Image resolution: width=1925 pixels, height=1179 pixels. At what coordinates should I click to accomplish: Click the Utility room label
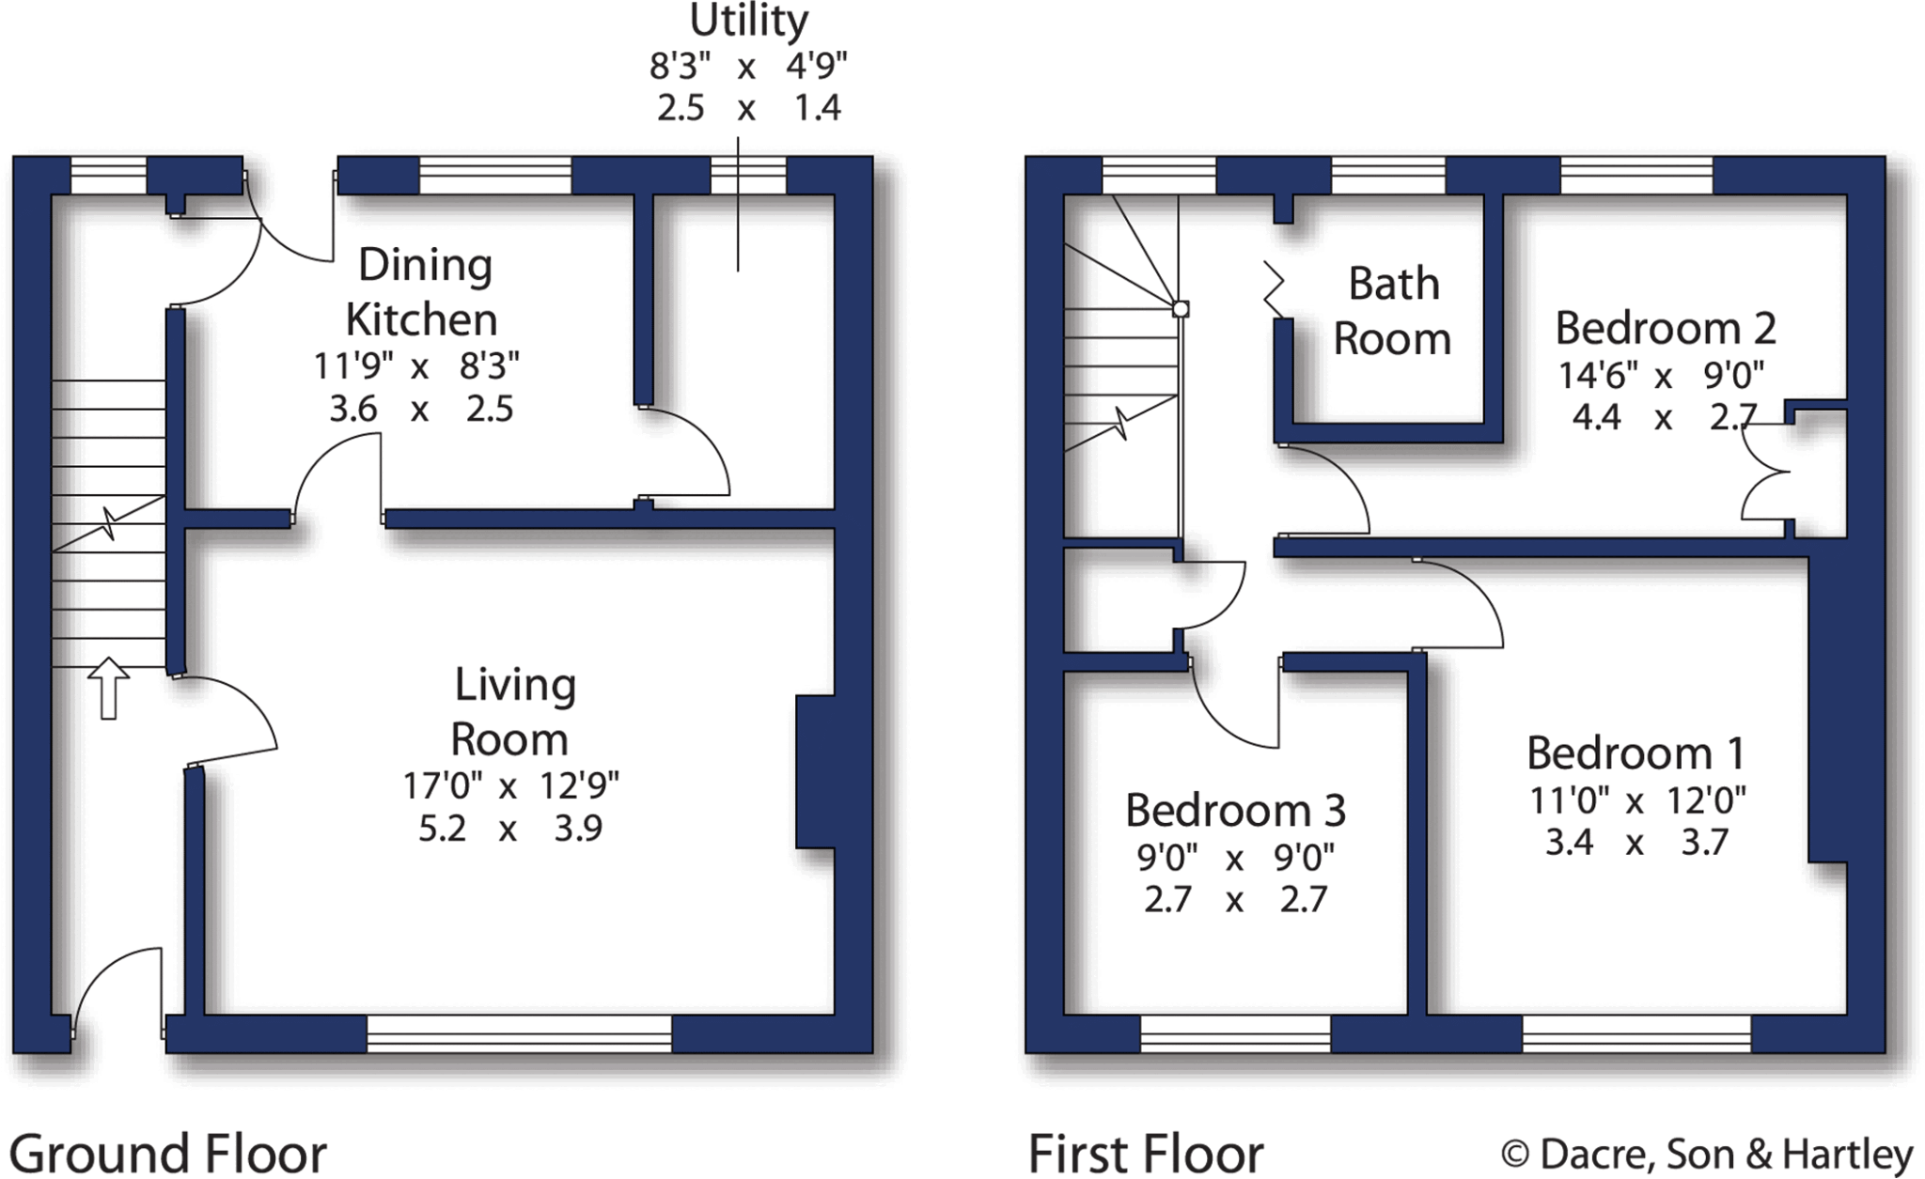pos(748,21)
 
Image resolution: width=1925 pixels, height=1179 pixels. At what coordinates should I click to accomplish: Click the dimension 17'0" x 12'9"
pos(510,785)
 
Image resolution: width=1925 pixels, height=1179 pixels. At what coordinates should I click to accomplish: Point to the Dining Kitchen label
pos(423,292)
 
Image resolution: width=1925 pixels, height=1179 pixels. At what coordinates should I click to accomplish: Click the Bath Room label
pos(1392,311)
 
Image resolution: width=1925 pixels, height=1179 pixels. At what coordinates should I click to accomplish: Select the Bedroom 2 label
pos(1665,329)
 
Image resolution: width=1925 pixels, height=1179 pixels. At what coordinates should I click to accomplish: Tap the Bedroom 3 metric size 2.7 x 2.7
pos(1234,900)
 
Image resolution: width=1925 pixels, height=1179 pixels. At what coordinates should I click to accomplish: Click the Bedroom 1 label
pos(1635,753)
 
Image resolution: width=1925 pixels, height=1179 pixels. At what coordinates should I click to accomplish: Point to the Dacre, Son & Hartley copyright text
pos(1706,1153)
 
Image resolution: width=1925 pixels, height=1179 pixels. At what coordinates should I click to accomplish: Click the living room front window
pos(519,1033)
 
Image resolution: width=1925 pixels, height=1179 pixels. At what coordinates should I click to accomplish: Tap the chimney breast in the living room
pos(815,771)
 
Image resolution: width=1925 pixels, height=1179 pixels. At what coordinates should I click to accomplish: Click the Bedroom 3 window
pos(1235,1033)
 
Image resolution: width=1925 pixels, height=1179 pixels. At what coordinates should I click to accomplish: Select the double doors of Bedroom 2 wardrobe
pos(1763,471)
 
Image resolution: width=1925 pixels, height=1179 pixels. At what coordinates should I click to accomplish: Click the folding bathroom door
pos(1274,290)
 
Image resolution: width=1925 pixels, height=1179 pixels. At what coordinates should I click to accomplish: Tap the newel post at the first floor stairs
pos(1181,309)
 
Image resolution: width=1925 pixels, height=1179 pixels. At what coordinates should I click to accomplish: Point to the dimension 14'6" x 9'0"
pos(1661,376)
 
